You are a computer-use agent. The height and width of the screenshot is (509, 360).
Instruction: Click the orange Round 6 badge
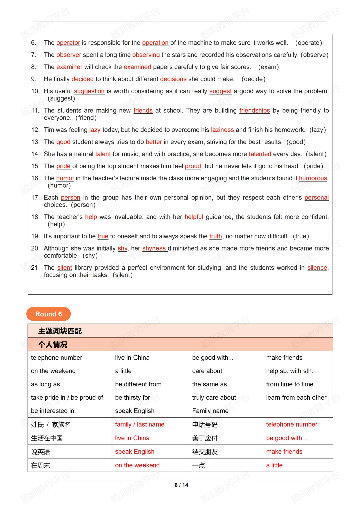tap(48, 314)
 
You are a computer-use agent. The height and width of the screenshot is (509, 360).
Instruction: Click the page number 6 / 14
tap(181, 485)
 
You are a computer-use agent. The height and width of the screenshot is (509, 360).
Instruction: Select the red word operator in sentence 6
tap(68, 43)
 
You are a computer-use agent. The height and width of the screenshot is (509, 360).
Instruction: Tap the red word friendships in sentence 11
tap(254, 110)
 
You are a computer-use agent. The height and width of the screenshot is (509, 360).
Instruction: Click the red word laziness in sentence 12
tap(222, 130)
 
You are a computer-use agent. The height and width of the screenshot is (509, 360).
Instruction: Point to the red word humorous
tap(313, 178)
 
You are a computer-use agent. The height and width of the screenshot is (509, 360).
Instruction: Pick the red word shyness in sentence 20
tap(154, 248)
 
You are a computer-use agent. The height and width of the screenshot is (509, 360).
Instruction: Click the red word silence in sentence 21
tap(317, 268)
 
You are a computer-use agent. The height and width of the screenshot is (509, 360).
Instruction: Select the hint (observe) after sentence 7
tap(314, 55)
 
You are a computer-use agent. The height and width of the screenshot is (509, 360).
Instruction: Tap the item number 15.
tap(35, 166)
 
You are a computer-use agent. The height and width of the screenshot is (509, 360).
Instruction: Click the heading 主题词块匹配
tap(60, 331)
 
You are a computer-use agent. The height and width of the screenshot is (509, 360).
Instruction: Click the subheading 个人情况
tap(53, 345)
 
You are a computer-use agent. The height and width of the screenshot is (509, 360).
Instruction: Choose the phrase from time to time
tap(289, 384)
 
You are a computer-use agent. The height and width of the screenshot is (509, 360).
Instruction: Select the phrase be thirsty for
tap(132, 398)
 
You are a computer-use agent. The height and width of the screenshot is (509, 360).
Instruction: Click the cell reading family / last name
tap(140, 424)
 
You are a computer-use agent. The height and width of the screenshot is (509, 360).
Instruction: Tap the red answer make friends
tap(284, 452)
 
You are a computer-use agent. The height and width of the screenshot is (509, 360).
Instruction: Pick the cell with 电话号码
tap(205, 425)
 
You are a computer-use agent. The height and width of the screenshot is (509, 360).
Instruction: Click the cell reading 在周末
tap(40, 465)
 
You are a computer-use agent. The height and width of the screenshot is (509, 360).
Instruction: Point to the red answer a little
tap(274, 465)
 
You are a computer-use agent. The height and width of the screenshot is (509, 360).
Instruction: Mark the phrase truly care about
tap(214, 398)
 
